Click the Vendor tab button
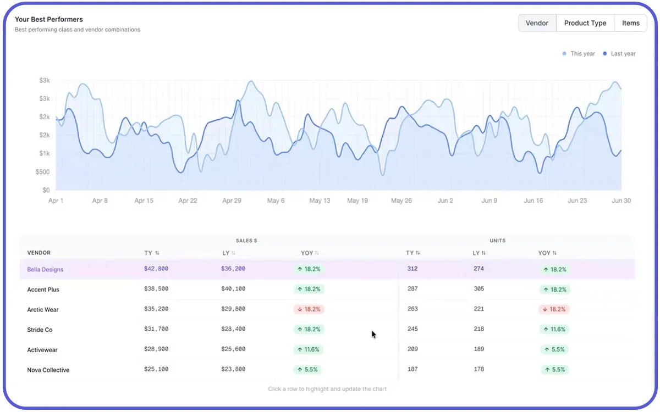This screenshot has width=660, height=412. [x=537, y=23]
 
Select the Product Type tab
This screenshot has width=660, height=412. [x=585, y=23]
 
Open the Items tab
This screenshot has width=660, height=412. [x=630, y=23]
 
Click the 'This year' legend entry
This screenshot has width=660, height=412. [x=579, y=54]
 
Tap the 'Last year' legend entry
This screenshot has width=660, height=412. [x=619, y=54]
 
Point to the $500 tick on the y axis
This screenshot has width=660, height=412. [x=43, y=172]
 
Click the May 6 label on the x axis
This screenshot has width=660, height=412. [x=276, y=201]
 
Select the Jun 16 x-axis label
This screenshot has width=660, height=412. [x=533, y=201]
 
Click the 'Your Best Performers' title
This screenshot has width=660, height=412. [x=49, y=19]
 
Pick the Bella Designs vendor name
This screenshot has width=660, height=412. [x=45, y=270]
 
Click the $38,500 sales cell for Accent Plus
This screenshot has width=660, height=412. [x=156, y=289]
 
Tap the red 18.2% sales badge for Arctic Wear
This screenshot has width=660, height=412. [x=309, y=309]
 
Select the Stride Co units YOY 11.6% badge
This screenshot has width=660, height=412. [x=554, y=329]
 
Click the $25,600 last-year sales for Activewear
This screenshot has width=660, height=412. [x=233, y=349]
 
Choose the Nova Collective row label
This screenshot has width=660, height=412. [x=48, y=370]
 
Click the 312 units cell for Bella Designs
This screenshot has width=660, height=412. [x=412, y=269]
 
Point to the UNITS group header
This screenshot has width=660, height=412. [x=498, y=241]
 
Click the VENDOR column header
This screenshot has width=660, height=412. [x=39, y=253]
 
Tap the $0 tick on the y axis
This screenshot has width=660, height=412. [x=46, y=190]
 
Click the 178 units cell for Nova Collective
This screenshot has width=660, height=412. [x=479, y=369]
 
